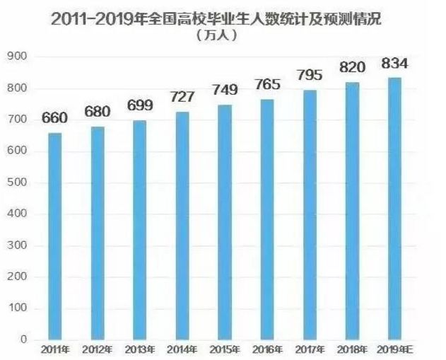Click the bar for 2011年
[54, 236]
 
